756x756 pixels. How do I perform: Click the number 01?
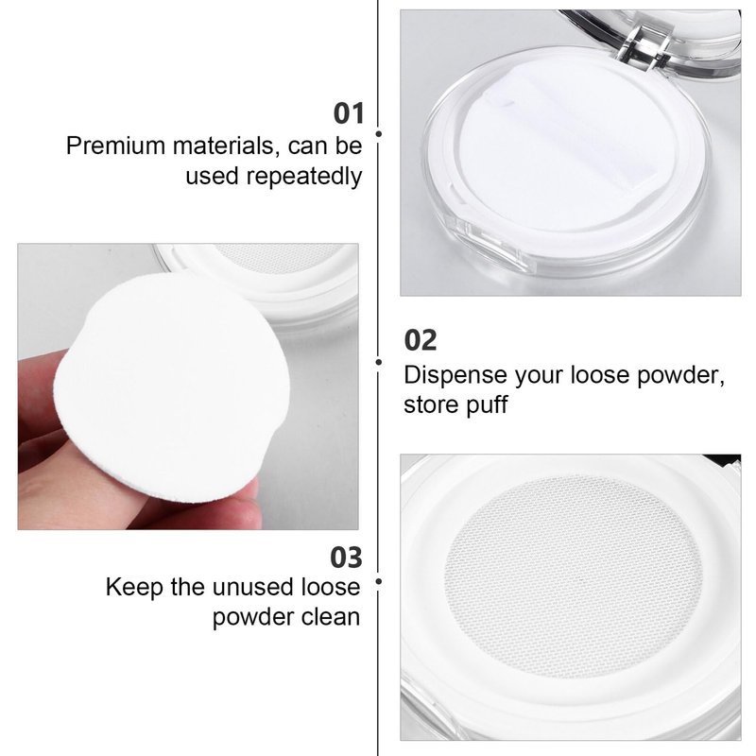click(348, 113)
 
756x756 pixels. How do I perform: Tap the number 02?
click(421, 340)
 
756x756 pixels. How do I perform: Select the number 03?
click(346, 558)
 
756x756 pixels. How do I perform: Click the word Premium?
click(115, 146)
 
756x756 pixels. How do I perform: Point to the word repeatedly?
click(304, 177)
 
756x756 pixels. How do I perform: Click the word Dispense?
click(455, 375)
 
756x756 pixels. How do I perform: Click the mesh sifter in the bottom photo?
click(574, 576)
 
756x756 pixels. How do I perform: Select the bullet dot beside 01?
click(379, 133)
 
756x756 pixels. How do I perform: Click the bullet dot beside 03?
click(379, 581)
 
